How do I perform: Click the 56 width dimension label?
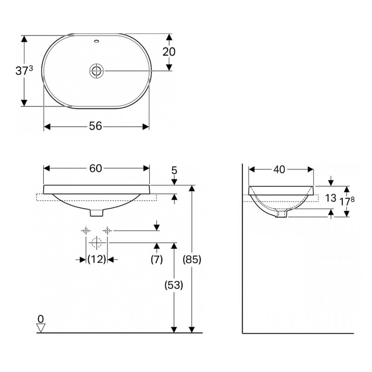pos(95,126)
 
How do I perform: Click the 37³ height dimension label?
pos(24,71)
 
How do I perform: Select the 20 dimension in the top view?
pos(169,52)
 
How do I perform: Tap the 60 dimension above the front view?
pos(96,168)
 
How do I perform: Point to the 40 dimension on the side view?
pos(279,169)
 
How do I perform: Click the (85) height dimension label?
pos(192,259)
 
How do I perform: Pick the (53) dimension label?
pos(174,285)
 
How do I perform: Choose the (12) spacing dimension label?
pos(97,259)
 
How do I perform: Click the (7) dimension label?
pos(157,259)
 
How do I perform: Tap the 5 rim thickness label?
pos(174,170)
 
